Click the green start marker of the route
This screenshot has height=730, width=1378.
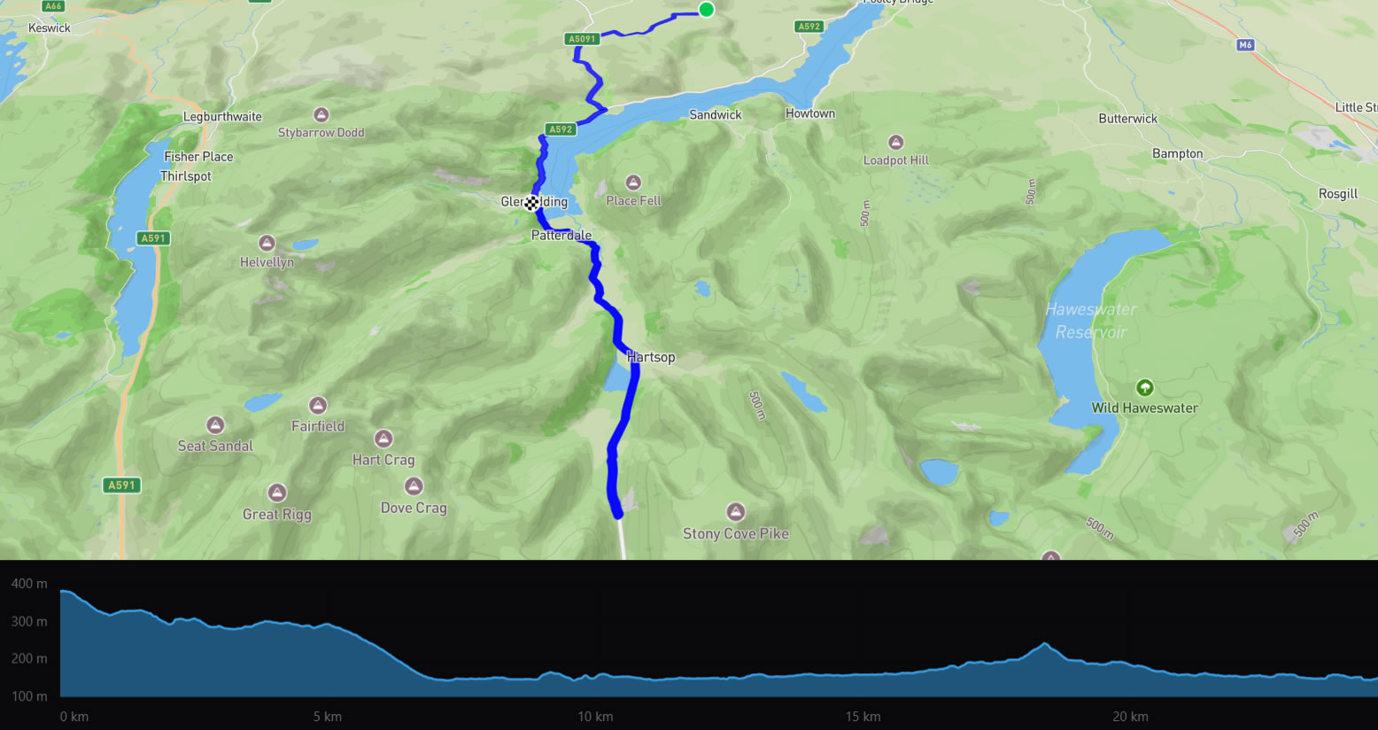pyautogui.click(x=706, y=10)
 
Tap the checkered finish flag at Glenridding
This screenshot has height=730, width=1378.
pyautogui.click(x=531, y=204)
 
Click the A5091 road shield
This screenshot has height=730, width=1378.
pyautogui.click(x=582, y=39)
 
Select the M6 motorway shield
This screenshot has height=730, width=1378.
pyautogui.click(x=1246, y=45)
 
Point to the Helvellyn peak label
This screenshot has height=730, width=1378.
pyautogui.click(x=267, y=262)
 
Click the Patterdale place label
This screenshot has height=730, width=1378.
pyautogui.click(x=561, y=236)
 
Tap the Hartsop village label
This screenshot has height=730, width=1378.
pyautogui.click(x=651, y=357)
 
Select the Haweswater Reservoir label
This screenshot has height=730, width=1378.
pyautogui.click(x=1091, y=321)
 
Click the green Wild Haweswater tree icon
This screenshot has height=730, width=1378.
pyautogui.click(x=1144, y=387)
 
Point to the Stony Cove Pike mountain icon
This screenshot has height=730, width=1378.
pyautogui.click(x=735, y=512)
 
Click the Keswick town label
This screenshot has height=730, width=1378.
pyautogui.click(x=50, y=28)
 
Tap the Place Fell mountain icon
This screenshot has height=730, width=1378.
pyautogui.click(x=633, y=182)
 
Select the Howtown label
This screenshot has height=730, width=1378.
pyautogui.click(x=810, y=113)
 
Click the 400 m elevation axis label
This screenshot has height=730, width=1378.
pyautogui.click(x=29, y=584)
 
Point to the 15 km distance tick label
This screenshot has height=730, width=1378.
pyautogui.click(x=863, y=717)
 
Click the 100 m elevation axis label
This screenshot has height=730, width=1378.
pyautogui.click(x=29, y=696)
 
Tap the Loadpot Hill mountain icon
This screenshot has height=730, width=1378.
pyautogui.click(x=896, y=142)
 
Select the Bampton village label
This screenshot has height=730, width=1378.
pyautogui.click(x=1177, y=154)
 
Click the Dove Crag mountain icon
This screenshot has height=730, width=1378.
pyautogui.click(x=414, y=486)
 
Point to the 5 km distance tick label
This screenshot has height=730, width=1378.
pyautogui.click(x=328, y=717)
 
